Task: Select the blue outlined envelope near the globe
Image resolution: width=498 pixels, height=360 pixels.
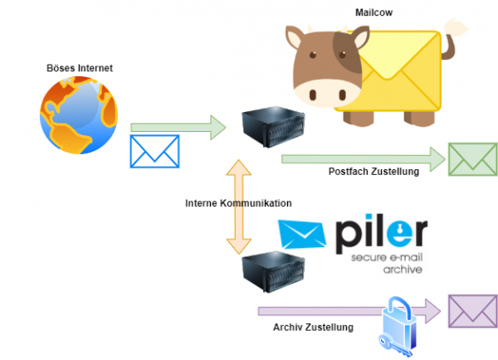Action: (155, 151)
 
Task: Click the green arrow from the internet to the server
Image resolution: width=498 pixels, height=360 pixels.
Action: (178, 127)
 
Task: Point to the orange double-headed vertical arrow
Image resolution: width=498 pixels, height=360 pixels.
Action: (238, 207)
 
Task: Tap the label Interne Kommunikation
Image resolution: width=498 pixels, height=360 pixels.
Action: (239, 202)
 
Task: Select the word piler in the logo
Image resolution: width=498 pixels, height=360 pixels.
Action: (383, 235)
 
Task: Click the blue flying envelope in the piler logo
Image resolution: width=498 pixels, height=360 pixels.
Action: (303, 235)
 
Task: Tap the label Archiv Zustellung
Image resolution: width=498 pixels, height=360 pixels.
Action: (313, 327)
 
